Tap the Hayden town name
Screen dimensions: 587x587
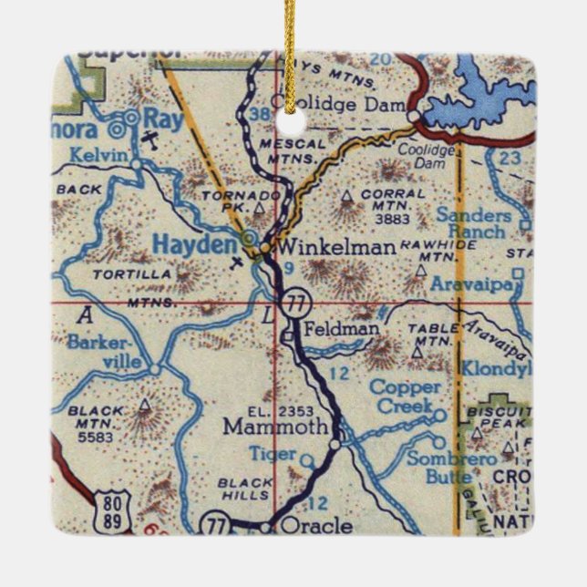[193, 244]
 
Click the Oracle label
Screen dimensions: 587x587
[317, 526]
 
